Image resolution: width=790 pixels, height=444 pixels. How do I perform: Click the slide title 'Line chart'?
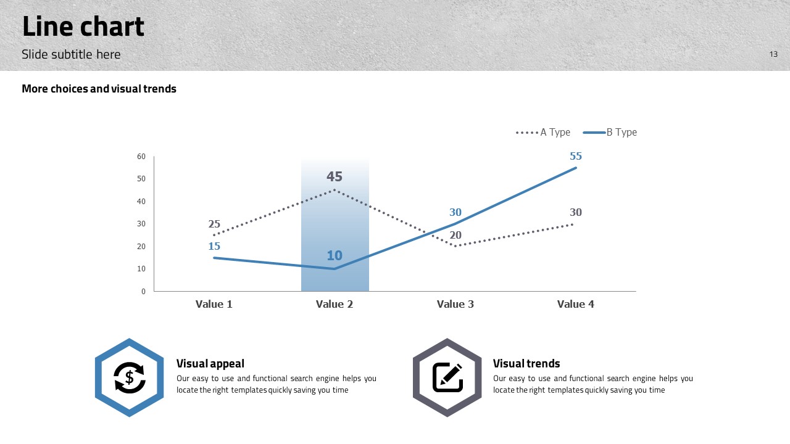pos(83,27)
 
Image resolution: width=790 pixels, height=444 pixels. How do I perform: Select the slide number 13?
pos(773,54)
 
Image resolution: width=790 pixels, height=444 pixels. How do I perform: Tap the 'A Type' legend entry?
pos(543,132)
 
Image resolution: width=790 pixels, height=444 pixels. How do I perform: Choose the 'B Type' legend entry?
pos(610,132)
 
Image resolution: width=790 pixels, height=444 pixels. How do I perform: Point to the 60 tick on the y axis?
pos(141,157)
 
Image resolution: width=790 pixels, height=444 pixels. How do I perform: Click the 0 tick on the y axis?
pos(143,292)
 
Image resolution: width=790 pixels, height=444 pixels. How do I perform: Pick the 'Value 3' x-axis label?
pos(455,304)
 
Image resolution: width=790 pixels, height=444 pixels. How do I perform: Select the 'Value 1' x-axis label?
pos(214,304)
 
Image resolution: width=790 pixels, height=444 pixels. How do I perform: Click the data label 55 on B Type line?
pos(576,156)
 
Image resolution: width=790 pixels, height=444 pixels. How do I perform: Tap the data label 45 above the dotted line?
pos(335,176)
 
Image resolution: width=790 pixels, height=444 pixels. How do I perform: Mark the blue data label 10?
pos(335,255)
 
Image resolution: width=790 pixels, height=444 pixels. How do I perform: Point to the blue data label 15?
pos(214,246)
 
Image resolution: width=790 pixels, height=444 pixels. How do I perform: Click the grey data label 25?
pos(214,224)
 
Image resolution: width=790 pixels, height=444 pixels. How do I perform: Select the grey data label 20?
pos(455,235)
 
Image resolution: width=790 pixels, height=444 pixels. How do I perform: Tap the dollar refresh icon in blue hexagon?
pos(130,377)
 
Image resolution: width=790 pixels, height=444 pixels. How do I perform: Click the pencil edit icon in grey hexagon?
pos(447,377)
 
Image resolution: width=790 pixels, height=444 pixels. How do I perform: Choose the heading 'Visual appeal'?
pos(210,363)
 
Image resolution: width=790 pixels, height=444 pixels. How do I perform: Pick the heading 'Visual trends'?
pos(526,363)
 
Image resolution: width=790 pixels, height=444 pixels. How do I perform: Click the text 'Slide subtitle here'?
pos(71,54)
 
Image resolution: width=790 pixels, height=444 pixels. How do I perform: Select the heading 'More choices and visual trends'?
pos(99,89)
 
